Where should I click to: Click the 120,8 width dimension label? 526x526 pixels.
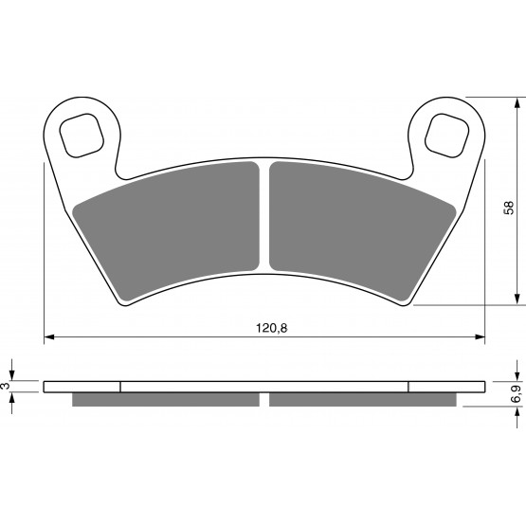(x=272, y=328)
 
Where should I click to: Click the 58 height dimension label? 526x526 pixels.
(x=509, y=208)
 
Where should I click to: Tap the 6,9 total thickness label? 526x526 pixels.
(x=517, y=394)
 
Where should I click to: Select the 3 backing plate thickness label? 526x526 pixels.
(x=5, y=386)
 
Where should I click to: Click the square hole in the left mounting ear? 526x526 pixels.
(x=82, y=136)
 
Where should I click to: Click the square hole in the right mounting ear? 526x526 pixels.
(x=446, y=136)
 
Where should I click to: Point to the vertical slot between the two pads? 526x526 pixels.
(x=264, y=216)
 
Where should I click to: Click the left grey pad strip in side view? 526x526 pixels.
(x=166, y=399)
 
